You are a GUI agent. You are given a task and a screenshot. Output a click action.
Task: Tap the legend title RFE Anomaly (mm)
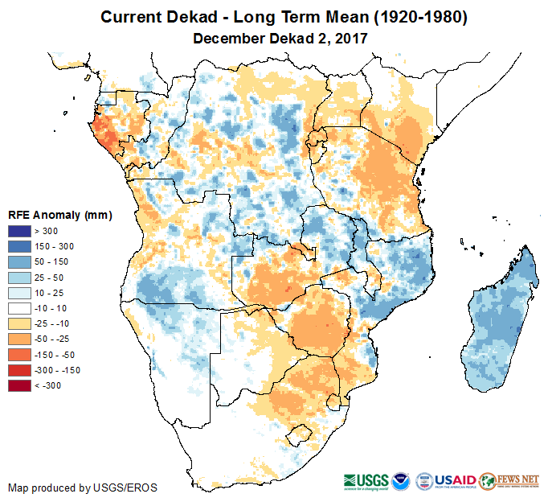(x=59, y=216)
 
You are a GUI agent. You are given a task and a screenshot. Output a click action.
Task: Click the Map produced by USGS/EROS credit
(x=83, y=488)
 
